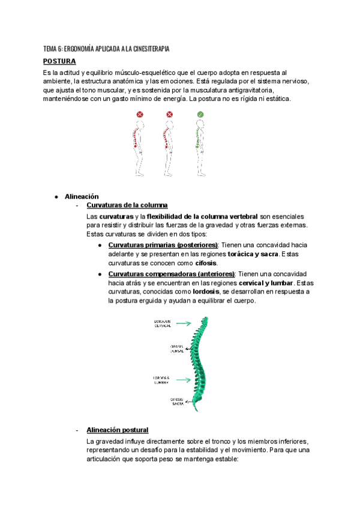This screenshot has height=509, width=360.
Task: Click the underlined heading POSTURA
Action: pyautogui.click(x=59, y=61)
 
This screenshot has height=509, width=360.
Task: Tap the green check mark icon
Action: pyautogui.click(x=200, y=114)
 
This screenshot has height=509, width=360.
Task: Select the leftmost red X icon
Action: pyautogui.click(x=140, y=114)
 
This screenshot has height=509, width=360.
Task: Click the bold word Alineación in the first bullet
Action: pyautogui.click(x=82, y=196)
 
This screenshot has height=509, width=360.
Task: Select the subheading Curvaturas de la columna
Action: pyautogui.click(x=123, y=206)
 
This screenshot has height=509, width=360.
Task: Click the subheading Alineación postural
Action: pyautogui.click(x=118, y=430)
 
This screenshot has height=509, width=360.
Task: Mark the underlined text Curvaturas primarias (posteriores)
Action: pyautogui.click(x=163, y=245)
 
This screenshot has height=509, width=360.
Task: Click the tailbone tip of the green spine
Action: pyautogui.click(x=194, y=409)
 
